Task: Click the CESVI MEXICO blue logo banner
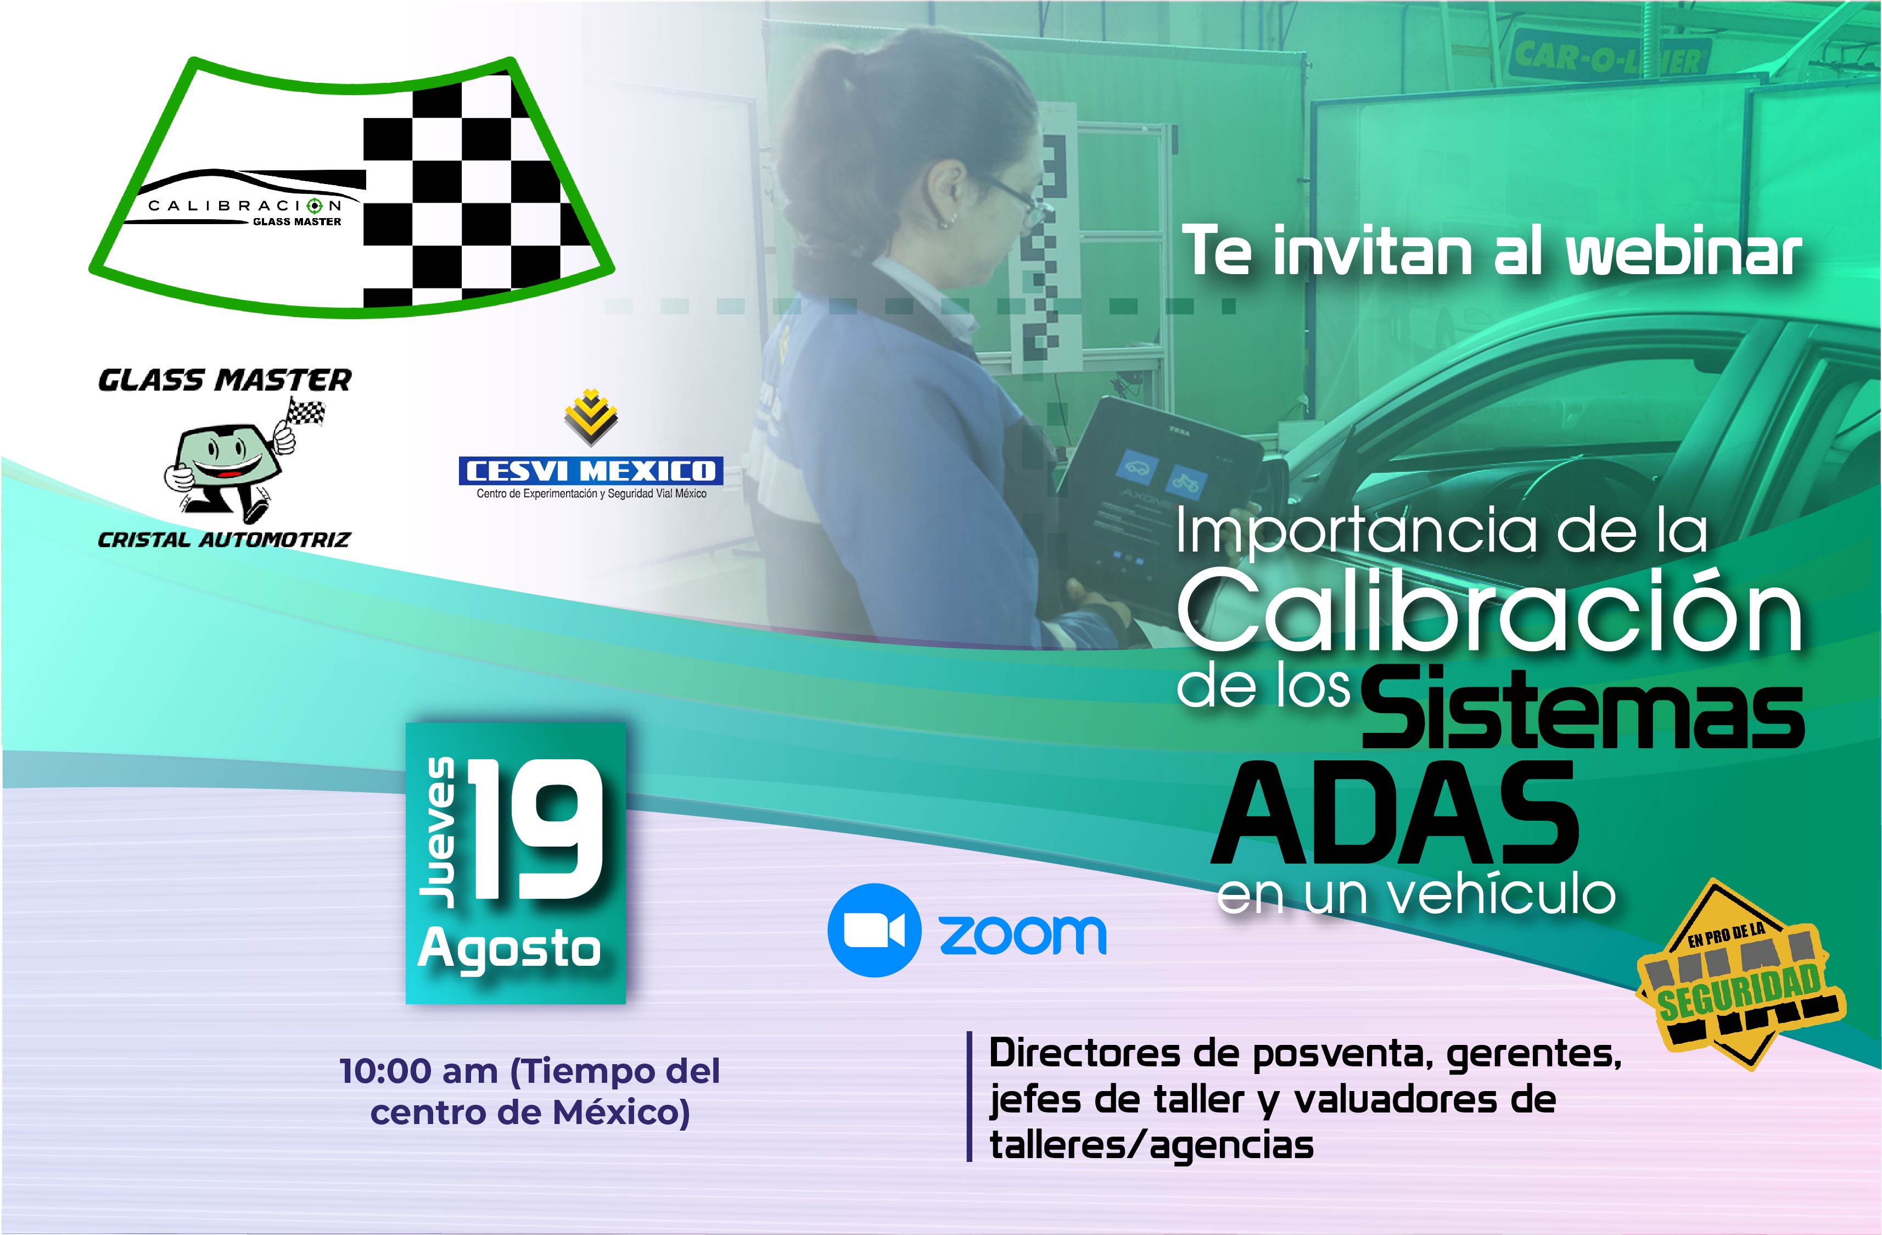coord(591,471)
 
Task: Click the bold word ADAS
coord(1395,814)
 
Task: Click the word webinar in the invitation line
coord(1685,251)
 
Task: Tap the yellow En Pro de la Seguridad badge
coord(1740,975)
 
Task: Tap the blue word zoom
coord(1022,934)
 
